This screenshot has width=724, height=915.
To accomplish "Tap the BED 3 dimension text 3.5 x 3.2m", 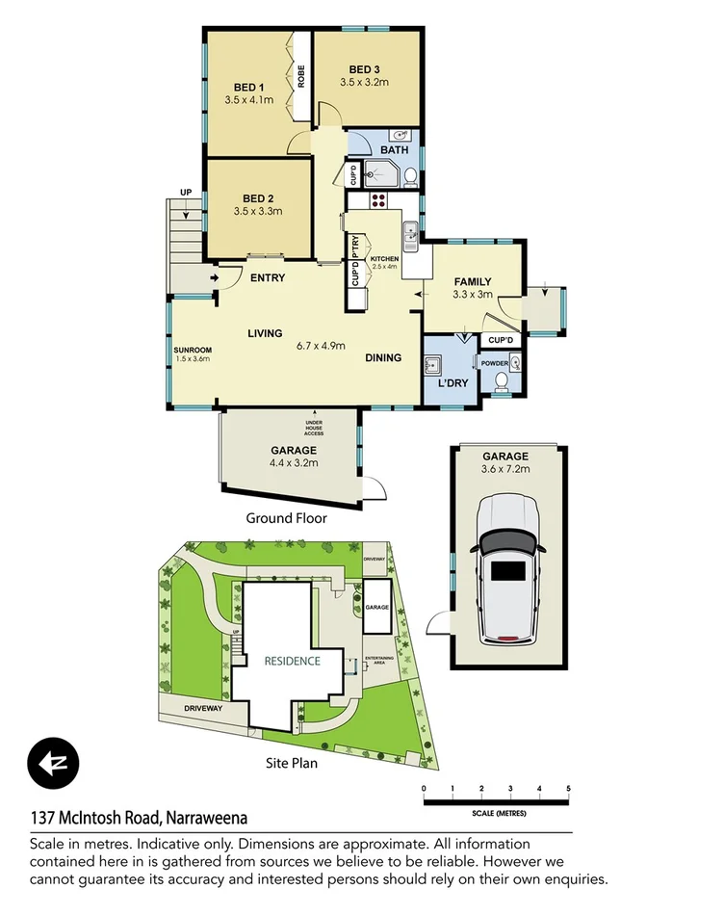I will [364, 83].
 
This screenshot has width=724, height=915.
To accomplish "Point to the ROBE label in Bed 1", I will [301, 75].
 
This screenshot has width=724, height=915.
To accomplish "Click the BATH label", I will [394, 150].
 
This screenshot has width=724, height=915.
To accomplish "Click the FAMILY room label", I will [473, 281].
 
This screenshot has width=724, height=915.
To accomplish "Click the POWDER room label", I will [495, 363].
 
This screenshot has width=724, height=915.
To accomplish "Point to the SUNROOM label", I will [192, 350].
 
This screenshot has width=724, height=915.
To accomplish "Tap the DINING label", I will [383, 358].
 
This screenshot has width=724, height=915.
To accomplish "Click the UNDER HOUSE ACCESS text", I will [315, 428].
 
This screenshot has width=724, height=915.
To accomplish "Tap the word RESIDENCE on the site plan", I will [293, 661].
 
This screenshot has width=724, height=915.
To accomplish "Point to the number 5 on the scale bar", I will [568, 789].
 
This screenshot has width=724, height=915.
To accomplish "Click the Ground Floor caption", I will [286, 518].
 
